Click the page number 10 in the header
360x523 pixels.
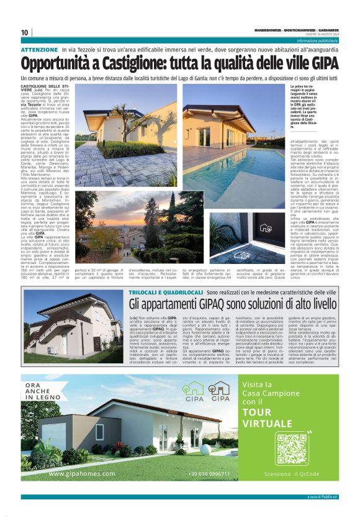[25, 32]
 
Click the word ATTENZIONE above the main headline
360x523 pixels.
[39, 49]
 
